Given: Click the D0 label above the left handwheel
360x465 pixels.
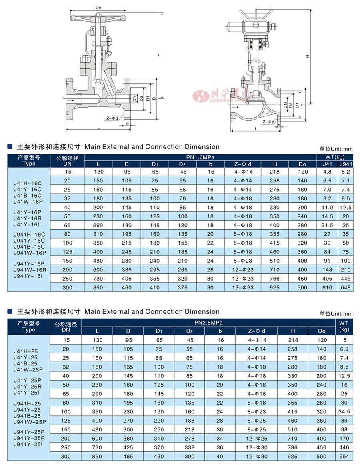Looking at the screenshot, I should click(x=98, y=8).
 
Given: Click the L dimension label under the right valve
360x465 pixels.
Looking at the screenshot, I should click(x=256, y=128).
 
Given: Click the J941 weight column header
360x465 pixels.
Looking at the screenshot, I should click(x=346, y=164).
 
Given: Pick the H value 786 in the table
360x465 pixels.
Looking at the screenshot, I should click(x=293, y=447).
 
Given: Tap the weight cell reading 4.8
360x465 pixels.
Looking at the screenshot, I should click(x=327, y=172).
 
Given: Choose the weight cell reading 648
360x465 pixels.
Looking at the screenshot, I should click(x=346, y=287).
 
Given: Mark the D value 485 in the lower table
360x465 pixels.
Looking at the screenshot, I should click(x=128, y=456).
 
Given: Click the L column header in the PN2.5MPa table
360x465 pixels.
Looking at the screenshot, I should click(x=97, y=331).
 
